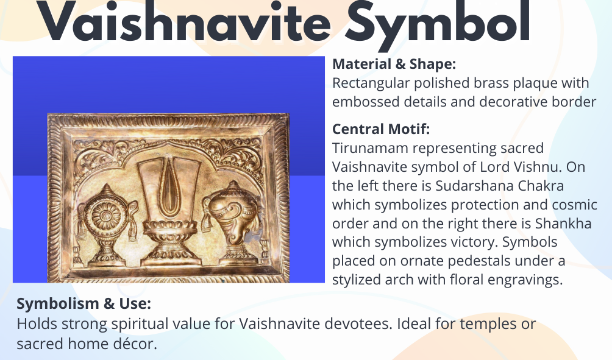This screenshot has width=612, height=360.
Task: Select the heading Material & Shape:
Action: coord(394,64)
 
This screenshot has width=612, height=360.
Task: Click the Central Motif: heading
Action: coord(381,129)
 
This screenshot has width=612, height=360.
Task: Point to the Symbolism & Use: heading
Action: coord(84,304)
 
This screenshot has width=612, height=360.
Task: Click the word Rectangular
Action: coord(371,83)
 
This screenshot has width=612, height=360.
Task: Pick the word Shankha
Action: coord(563,224)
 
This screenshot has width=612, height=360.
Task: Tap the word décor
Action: coord(137,344)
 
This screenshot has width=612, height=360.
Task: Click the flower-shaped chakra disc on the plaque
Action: coord(106,215)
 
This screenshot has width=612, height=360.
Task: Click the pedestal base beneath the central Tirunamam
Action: coord(169,242)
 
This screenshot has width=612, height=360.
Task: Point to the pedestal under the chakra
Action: coord(105,250)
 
